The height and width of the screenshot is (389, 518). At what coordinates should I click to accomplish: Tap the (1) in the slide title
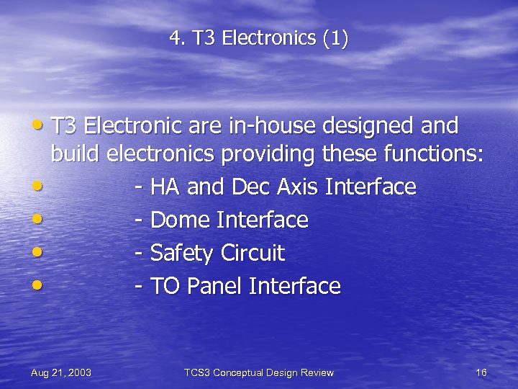coord(335,38)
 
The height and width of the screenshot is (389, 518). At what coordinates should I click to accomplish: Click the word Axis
coord(295,187)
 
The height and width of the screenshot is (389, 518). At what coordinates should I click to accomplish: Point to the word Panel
coord(214,287)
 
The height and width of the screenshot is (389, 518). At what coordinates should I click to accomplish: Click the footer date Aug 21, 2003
coord(61,372)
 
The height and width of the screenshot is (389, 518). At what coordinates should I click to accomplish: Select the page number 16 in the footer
coord(481,372)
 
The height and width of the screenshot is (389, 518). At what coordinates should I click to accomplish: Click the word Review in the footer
coord(317,372)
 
